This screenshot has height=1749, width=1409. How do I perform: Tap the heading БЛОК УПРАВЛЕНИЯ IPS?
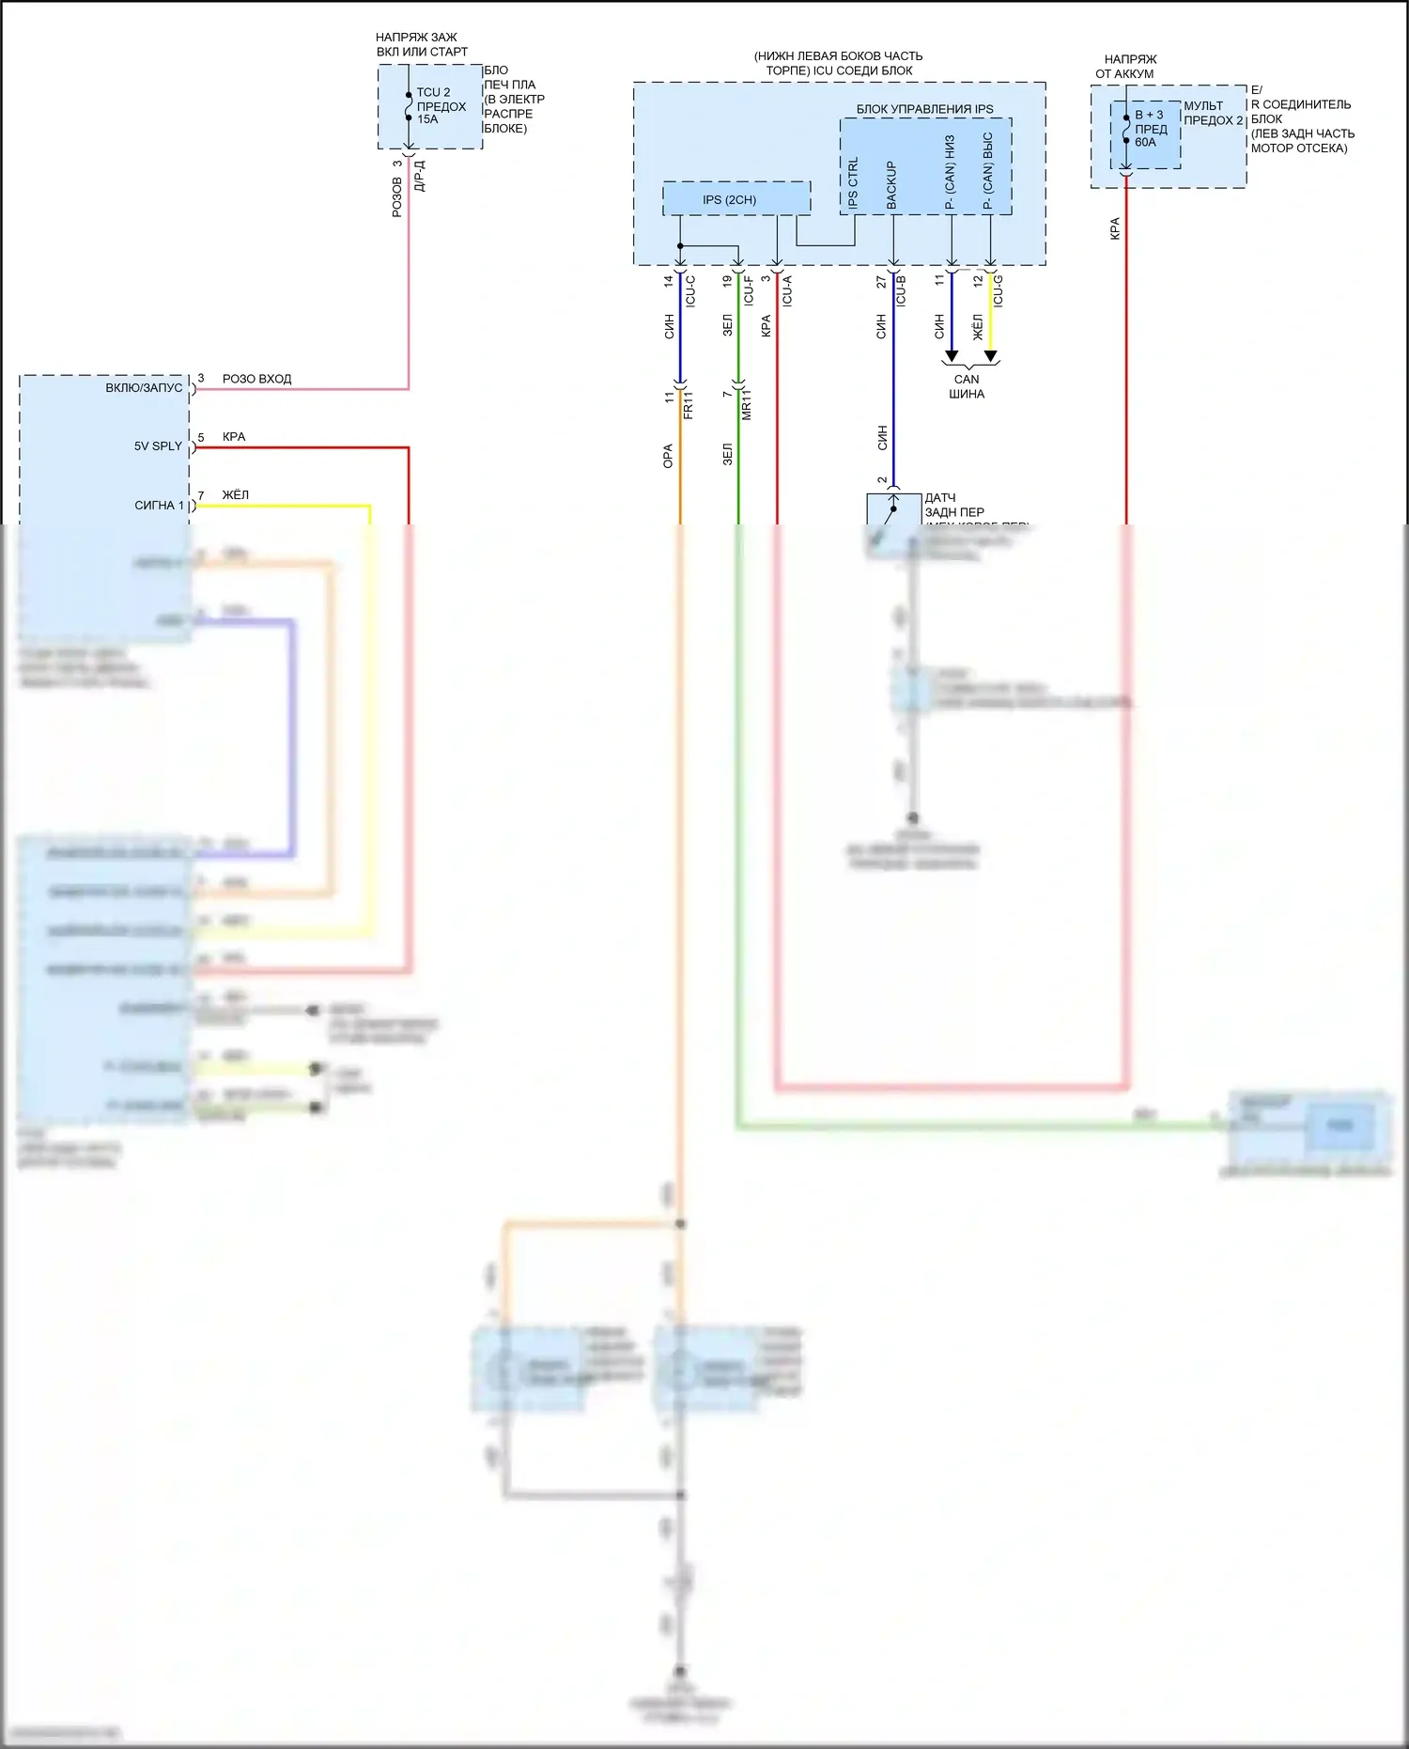[924, 109]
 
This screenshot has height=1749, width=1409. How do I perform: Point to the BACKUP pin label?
[891, 185]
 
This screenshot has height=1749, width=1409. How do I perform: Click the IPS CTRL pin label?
[853, 183]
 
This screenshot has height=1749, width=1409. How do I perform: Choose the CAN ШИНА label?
[967, 386]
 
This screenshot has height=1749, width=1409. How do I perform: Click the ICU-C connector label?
[691, 290]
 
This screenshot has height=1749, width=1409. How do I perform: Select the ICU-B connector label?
[902, 290]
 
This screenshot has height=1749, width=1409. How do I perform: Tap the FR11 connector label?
[689, 406]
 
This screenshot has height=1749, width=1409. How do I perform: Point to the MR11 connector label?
[747, 406]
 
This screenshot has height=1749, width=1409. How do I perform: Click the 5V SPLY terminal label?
[158, 446]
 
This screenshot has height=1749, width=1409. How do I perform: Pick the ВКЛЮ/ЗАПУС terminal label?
[144, 388]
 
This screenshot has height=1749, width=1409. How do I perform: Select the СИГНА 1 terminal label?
[159, 506]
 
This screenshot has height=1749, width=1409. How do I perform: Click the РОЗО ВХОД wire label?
[256, 379]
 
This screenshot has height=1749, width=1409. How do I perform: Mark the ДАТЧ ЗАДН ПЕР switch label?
[953, 506]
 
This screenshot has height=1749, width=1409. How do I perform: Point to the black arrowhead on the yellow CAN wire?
[990, 356]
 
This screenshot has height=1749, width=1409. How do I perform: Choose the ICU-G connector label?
[998, 290]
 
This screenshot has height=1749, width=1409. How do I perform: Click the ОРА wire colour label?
[668, 456]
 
